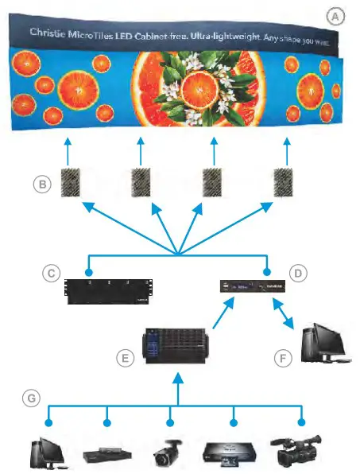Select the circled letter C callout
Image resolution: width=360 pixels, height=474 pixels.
pyautogui.click(x=52, y=274)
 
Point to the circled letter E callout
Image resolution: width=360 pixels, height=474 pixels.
pyautogui.click(x=125, y=359)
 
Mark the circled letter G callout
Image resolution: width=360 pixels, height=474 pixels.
pyautogui.click(x=30, y=398)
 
